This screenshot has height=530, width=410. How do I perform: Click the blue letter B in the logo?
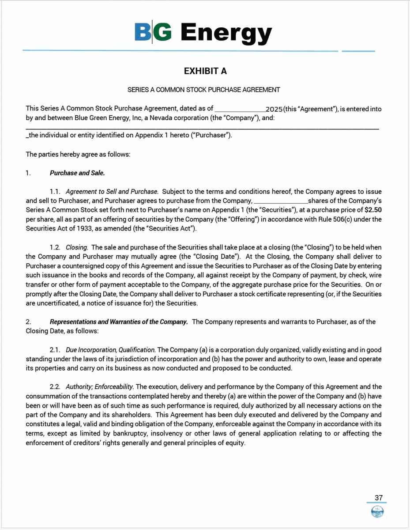pyautogui.click(x=143, y=32)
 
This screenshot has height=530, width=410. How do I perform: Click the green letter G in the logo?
pyautogui.click(x=162, y=32)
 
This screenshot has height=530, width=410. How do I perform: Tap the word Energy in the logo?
pyautogui.click(x=226, y=33)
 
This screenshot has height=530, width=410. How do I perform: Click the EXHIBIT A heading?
pyautogui.click(x=205, y=71)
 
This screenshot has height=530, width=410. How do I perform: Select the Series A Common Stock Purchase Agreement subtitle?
pyautogui.click(x=204, y=90)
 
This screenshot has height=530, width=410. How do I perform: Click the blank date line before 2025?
pyautogui.click(x=240, y=109)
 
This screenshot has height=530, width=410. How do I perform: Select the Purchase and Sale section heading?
pyautogui.click(x=77, y=173)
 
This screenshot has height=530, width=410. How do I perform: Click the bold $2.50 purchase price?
pyautogui.click(x=373, y=210)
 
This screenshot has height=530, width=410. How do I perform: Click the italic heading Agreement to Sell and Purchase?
pyautogui.click(x=112, y=192)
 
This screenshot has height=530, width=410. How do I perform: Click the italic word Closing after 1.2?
pyautogui.click(x=77, y=247)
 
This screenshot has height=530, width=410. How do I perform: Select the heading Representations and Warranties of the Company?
pyautogui.click(x=119, y=322)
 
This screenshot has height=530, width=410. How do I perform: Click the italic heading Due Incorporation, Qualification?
pyautogui.click(x=110, y=350)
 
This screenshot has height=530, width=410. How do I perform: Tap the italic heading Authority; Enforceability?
pyautogui.click(x=99, y=387)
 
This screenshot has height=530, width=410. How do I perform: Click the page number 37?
pyautogui.click(x=379, y=498)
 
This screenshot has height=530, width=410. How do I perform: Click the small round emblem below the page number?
pyautogui.click(x=377, y=511)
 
